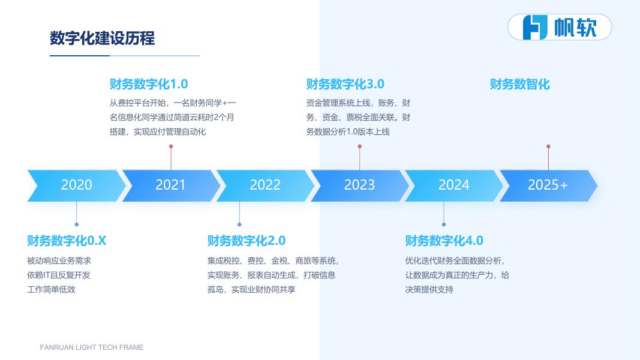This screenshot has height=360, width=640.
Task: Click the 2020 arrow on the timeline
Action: coord(76,186)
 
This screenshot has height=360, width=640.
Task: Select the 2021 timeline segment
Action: coord(171,186)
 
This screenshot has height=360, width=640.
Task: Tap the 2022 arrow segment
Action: coord(265,186)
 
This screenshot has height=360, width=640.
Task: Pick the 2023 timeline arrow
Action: coord(360,186)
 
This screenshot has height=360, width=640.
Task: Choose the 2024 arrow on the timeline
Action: coord(454,186)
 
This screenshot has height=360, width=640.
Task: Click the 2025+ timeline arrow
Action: coord(548,186)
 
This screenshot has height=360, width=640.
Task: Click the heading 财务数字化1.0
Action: coord(149,84)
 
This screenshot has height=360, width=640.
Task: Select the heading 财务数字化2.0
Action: coord(247,241)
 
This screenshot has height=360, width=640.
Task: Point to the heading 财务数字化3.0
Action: coord(345,84)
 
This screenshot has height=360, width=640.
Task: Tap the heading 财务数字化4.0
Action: coord(444,241)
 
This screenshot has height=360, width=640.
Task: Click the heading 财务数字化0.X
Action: coord(67,241)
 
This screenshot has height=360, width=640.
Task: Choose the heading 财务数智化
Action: coord(519,85)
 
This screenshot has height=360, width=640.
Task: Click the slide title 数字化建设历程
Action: coord(103,38)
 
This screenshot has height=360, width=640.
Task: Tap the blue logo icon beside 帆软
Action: coord(535,28)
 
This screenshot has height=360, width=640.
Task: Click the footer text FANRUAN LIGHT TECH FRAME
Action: coord(92,347)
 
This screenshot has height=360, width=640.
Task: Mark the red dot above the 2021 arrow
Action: coord(171,146)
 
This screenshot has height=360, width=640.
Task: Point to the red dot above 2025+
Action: coord(548,146)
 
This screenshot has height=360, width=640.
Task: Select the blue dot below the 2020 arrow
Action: coord(76,224)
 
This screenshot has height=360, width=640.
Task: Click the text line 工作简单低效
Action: coord(51,290)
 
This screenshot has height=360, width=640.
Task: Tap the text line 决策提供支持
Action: coord(429,290)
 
